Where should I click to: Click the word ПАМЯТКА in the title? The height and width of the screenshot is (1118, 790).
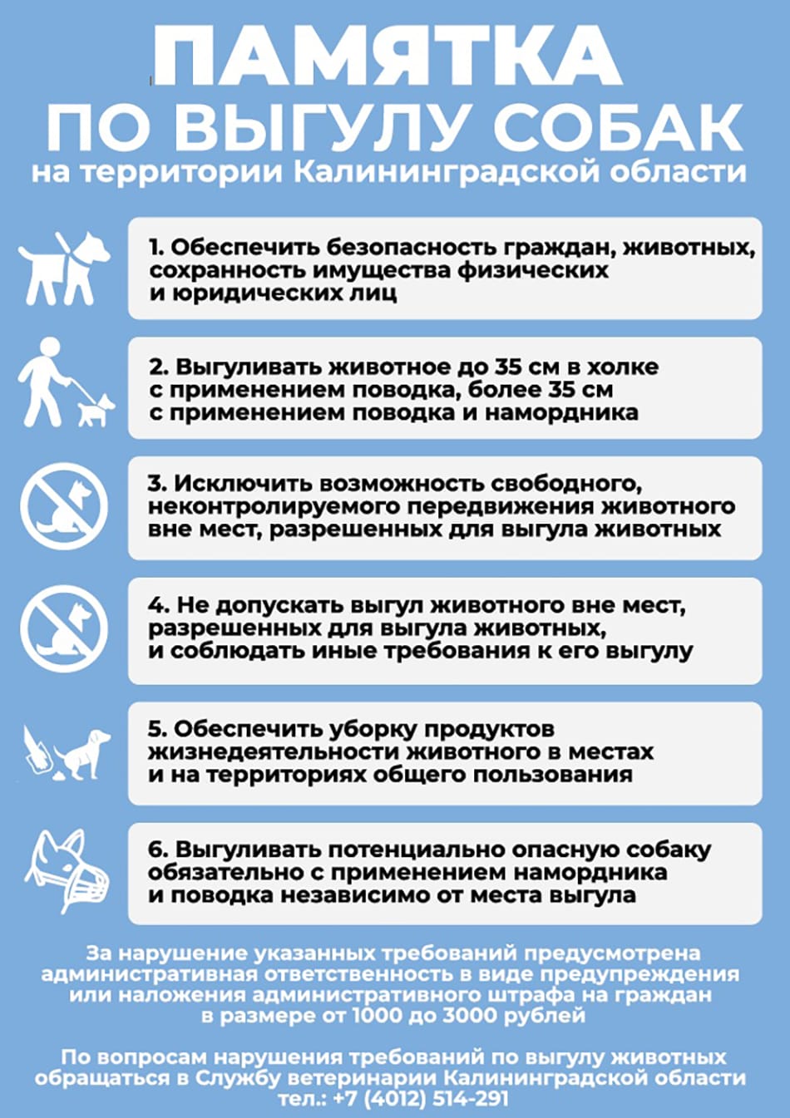tap(387, 56)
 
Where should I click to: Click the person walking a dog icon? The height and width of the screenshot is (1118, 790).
tap(64, 383)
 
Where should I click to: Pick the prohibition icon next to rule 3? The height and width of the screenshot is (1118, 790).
tap(64, 505)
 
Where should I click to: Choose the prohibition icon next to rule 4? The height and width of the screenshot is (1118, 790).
tap(64, 628)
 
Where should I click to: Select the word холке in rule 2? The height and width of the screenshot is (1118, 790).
tap(623, 367)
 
